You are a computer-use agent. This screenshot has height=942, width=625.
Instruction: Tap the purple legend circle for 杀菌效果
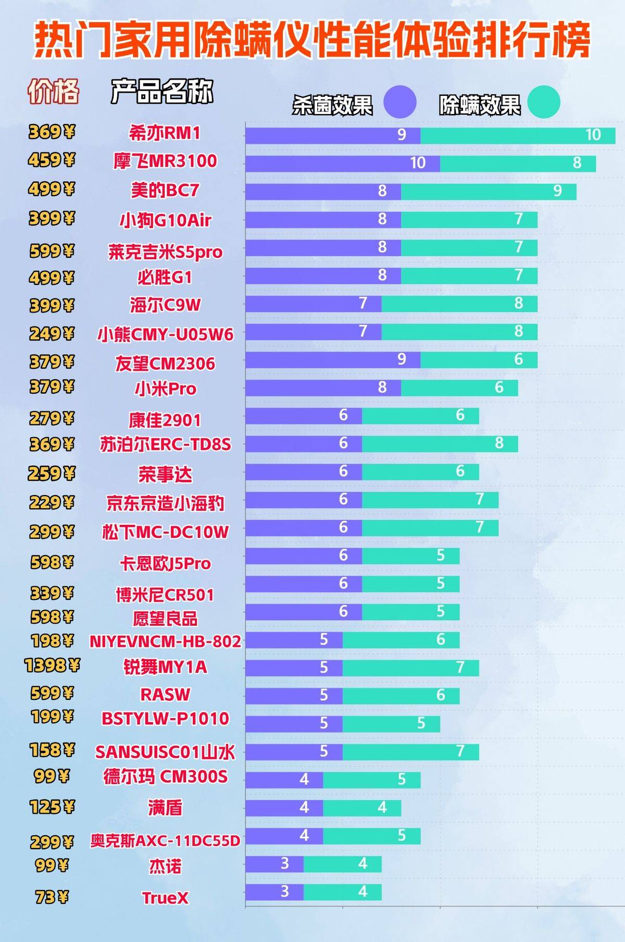coord(400,102)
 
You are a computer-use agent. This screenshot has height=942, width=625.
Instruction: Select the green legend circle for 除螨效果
coord(544,102)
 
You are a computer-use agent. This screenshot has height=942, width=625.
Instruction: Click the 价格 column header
coord(53,92)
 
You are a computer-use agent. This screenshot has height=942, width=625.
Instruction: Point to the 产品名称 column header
coord(162,92)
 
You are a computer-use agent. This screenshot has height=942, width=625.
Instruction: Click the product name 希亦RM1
coord(165,133)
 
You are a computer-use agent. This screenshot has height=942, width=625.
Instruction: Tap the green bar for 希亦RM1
coord(518,135)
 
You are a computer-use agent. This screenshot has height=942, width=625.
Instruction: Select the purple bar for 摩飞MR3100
coord(343,164)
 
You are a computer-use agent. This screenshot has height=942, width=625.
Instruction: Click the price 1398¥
coord(52,665)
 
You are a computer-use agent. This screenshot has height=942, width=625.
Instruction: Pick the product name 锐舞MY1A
coord(165,667)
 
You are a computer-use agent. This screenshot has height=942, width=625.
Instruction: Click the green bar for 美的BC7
coord(489,192)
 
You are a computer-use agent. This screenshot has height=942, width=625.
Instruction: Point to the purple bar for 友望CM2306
coord(333,360)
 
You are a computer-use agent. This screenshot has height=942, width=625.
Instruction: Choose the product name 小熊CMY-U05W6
coord(165,334)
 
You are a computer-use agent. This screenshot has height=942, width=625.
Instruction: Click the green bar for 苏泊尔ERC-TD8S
coord(440,444)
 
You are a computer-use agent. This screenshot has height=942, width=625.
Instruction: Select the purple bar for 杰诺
coord(274,864)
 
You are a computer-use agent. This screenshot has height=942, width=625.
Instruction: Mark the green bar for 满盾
coord(362,808)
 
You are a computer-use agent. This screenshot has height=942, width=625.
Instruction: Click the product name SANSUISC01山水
coord(165,752)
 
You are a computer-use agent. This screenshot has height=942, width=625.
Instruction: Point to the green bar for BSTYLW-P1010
coord(391,724)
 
